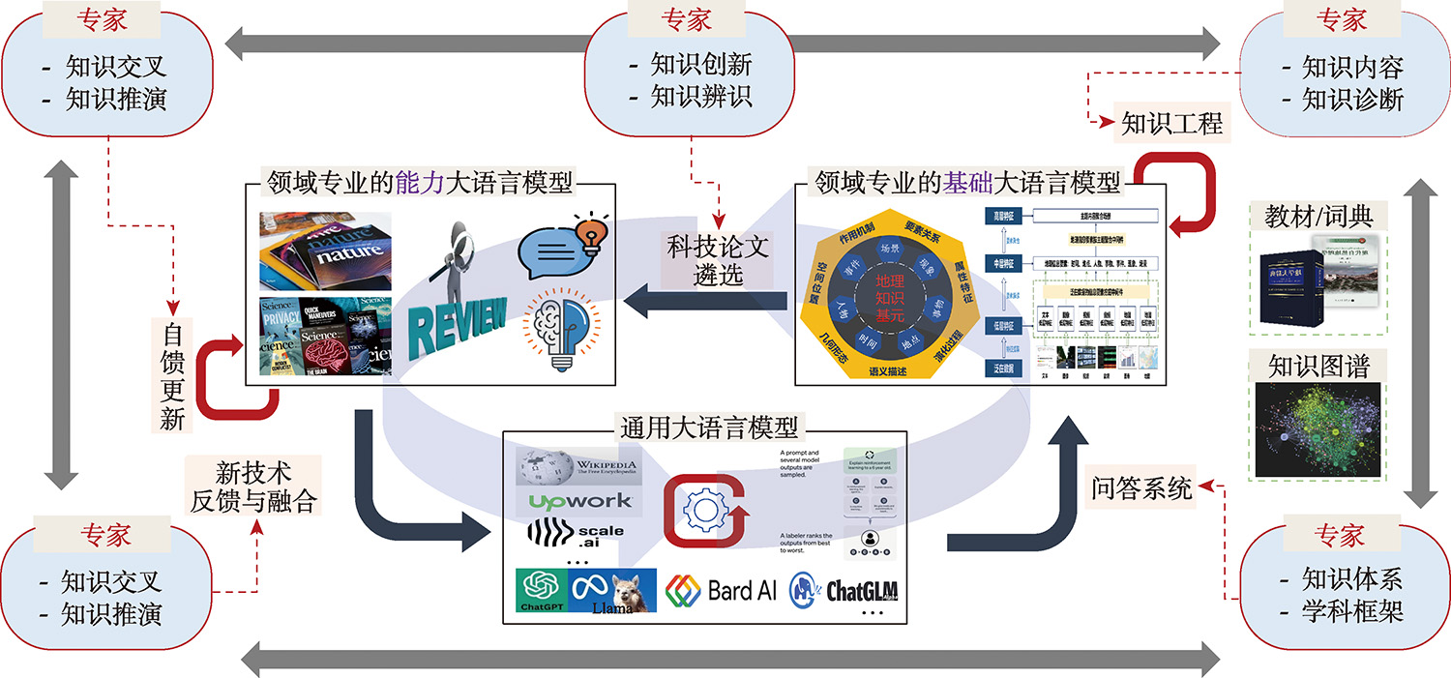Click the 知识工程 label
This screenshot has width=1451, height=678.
pos(1171,124)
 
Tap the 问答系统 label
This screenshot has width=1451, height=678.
pos(1142,488)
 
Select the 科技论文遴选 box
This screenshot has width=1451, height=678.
pos(718,259)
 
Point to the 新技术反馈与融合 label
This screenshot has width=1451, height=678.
pos(254,488)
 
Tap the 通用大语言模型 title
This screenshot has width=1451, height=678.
pos(710,427)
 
